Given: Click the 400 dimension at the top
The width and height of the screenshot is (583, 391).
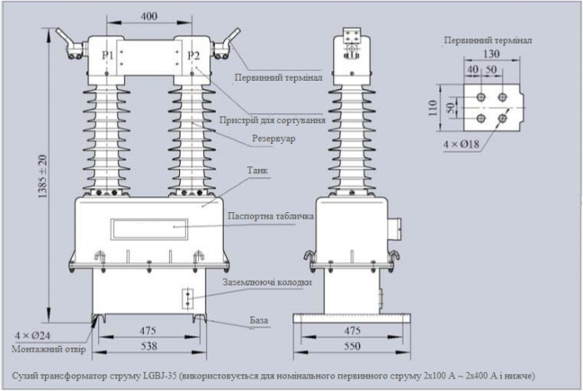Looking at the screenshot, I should tap(149, 17).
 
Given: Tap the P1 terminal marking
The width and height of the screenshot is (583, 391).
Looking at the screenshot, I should tap(107, 56).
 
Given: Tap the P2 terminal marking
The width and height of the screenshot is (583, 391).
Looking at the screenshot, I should tap(193, 56).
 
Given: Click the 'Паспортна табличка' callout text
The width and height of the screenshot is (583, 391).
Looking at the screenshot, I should tap(270, 216).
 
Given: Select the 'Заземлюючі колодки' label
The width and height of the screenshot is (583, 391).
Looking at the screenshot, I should tap(267, 282).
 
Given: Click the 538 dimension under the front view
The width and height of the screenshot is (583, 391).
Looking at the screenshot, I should tap(150, 343).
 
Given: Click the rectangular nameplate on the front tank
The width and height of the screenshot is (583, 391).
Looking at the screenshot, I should tap(150, 225).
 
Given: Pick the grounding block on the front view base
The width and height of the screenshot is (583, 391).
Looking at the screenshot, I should tap(188, 298).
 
